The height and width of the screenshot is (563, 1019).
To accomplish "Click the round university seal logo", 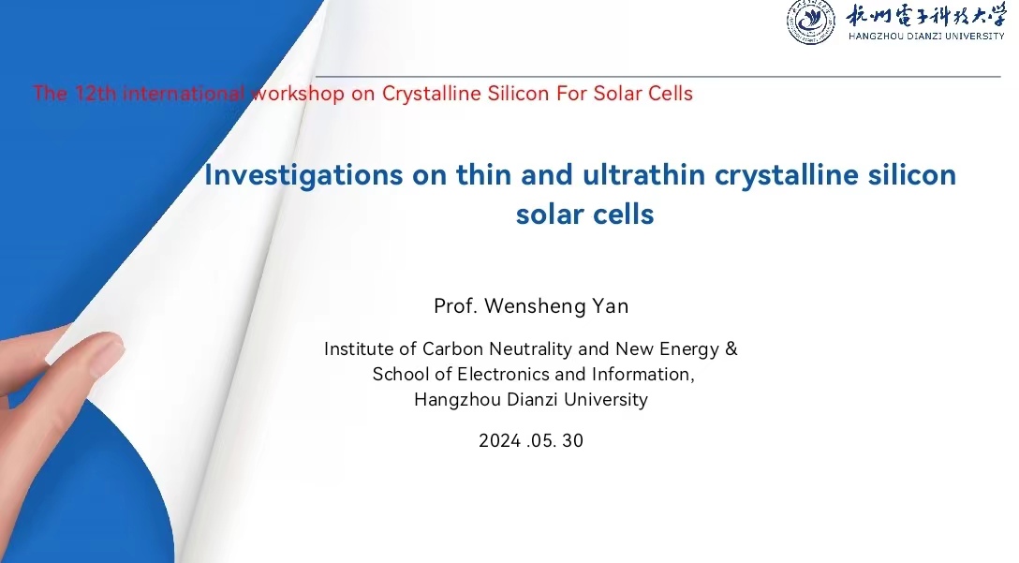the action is tap(811, 22).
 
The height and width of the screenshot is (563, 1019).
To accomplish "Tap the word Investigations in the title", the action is tap(303, 175).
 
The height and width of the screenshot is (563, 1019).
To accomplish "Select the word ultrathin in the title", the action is tap(643, 174).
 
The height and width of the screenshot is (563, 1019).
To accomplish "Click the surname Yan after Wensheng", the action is tap(610, 306).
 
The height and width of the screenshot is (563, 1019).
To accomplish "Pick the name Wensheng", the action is tap(534, 306).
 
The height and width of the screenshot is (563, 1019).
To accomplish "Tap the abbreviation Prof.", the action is tap(455, 306).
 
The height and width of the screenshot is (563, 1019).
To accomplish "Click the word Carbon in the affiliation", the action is tap(452, 349).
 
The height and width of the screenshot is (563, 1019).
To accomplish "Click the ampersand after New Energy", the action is tap(731, 349).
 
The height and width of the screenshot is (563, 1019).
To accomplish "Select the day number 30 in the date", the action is tap(572, 441).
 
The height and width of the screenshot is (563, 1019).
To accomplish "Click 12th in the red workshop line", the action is tap(96, 94).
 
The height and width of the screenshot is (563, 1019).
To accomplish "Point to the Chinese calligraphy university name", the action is tap(926, 16).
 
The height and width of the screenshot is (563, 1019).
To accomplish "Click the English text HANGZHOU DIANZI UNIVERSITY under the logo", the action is tap(926, 37).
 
